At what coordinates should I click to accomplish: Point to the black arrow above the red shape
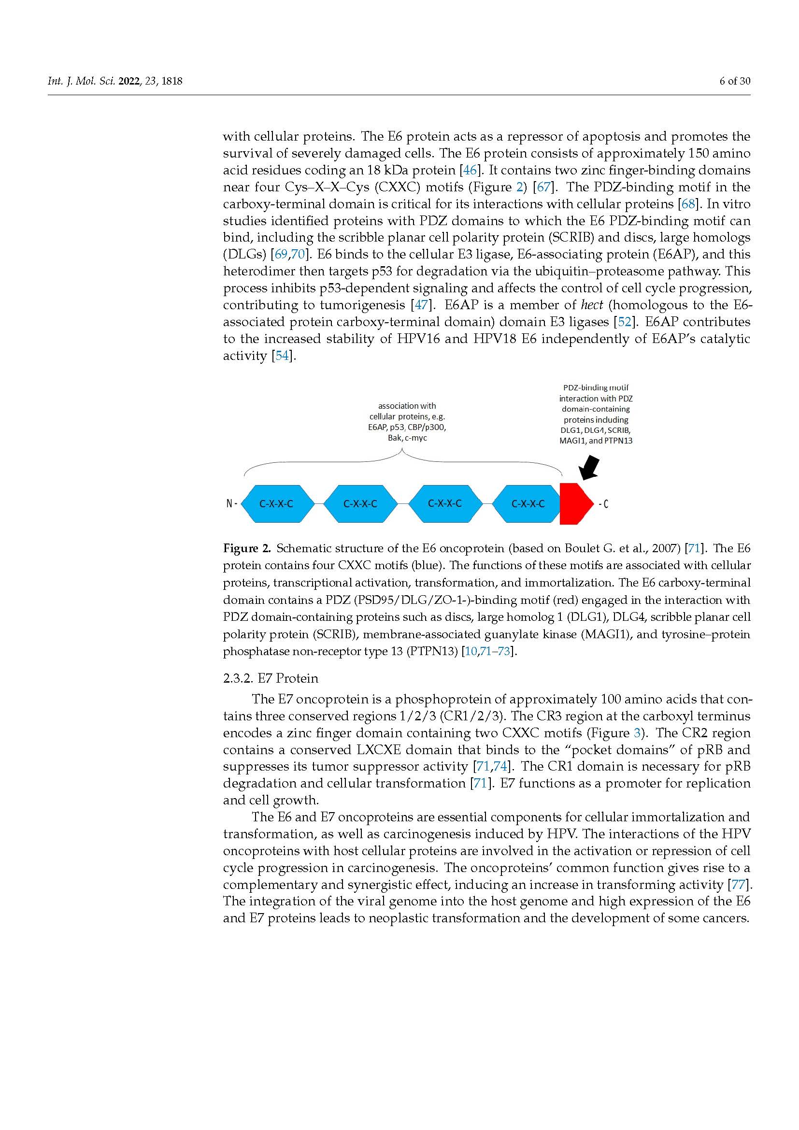click(589, 467)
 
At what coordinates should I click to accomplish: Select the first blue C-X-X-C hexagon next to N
click(277, 503)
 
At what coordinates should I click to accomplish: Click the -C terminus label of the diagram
click(603, 503)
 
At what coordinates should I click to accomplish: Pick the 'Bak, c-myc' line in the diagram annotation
click(407, 438)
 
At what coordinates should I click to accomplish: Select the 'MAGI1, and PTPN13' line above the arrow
click(595, 441)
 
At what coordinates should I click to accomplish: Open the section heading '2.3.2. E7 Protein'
click(270, 678)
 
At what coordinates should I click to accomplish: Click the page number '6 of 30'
click(735, 81)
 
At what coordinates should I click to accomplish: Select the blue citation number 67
click(543, 187)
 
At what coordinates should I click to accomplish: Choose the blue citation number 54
click(283, 356)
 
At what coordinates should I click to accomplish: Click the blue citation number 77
click(739, 885)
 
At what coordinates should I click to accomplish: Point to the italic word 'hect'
click(591, 305)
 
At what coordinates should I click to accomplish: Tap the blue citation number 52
click(624, 322)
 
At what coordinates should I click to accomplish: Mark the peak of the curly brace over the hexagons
click(403, 452)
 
